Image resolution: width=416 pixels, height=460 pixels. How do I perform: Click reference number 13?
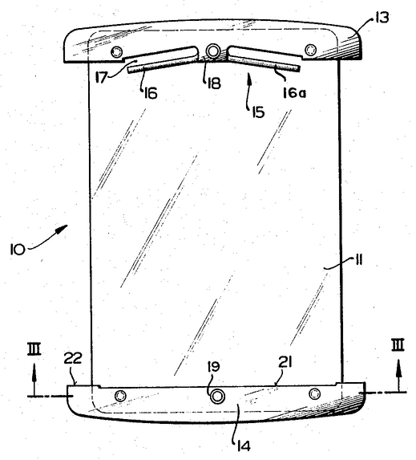380,18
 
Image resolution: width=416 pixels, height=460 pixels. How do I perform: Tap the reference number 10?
18,250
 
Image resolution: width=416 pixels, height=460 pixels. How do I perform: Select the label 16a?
294,93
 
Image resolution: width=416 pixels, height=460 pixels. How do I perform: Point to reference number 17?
101,78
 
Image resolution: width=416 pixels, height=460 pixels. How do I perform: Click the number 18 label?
214,83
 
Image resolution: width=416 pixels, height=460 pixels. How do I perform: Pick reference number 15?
257,112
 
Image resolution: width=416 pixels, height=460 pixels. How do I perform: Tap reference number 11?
359,260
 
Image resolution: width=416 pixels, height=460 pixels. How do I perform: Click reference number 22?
73,358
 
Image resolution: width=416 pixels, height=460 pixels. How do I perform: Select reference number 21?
285,363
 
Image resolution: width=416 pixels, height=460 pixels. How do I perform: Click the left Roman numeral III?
34,350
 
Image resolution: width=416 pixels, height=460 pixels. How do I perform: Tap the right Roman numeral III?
398,344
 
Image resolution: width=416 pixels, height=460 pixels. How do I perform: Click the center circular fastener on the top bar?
213,51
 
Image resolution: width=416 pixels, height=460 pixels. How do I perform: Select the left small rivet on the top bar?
116,52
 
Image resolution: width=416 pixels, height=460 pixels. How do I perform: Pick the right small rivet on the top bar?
310,50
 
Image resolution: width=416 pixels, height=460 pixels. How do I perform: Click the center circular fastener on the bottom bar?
216,397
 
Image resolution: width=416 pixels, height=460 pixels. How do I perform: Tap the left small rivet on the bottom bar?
120,396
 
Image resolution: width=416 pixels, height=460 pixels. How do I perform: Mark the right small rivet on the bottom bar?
315,393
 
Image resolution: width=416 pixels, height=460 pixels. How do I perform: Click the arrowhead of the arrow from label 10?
63,228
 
